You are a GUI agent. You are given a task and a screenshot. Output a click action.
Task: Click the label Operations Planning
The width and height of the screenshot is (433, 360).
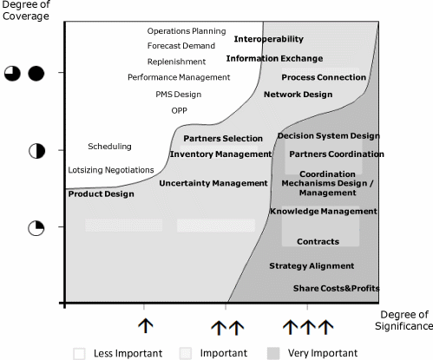coord(187,31)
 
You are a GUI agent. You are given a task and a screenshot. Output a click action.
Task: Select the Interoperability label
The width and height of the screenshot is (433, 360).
coord(269,39)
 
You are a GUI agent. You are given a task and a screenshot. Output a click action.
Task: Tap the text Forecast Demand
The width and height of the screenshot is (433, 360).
coord(181,46)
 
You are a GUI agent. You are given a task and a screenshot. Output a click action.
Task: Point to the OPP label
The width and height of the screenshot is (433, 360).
coord(180,110)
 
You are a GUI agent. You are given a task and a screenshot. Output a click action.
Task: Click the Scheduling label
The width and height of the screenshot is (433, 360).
coord(109,147)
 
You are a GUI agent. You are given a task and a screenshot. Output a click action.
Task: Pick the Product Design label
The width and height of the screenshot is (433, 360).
coord(102,194)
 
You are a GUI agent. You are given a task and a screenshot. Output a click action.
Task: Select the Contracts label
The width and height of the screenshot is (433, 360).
coord(318,241)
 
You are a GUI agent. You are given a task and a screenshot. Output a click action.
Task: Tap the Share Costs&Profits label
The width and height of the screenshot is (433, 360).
coord(337,288)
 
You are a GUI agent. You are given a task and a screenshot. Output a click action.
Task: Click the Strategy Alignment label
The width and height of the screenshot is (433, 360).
coord(312,266)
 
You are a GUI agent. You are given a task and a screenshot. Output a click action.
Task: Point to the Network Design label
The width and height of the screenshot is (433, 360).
coord(299,95)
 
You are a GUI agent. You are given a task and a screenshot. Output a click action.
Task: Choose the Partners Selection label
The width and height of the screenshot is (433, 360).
coord(223,139)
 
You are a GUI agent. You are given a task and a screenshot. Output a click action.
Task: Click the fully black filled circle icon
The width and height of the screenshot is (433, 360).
coord(36,74)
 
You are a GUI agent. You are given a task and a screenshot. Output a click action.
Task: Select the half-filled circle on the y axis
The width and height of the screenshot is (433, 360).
coord(37,151)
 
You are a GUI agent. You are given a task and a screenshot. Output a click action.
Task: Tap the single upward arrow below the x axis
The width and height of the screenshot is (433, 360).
coord(146,326)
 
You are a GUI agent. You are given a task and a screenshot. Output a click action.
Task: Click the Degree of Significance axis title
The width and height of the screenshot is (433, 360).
coord(404,320)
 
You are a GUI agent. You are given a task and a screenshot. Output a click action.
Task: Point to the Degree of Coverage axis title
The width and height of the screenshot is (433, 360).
coord(26,10)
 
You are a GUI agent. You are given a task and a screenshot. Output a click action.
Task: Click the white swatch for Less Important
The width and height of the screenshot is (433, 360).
coord(79,353)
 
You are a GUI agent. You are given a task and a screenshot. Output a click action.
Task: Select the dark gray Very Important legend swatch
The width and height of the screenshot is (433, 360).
coord(273,353)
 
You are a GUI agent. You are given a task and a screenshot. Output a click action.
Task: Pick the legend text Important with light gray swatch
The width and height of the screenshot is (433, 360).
coord(224,353)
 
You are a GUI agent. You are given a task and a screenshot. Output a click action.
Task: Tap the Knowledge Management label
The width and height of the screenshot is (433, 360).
coord(324,212)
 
